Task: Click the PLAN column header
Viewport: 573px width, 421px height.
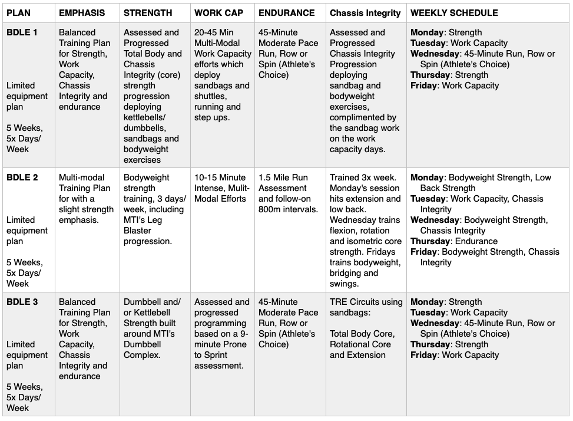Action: (18, 12)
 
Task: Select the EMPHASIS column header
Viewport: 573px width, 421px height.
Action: (82, 12)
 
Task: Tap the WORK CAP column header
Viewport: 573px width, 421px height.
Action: (218, 12)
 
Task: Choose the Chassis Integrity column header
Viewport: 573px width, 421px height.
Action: (365, 12)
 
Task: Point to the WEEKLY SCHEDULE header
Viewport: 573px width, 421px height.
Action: (454, 12)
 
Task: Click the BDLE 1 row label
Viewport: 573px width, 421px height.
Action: (22, 32)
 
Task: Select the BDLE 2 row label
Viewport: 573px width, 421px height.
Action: (22, 177)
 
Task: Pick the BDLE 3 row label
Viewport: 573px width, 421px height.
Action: (22, 302)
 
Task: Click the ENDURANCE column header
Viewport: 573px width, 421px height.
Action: (287, 12)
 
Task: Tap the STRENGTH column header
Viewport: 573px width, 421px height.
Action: (148, 12)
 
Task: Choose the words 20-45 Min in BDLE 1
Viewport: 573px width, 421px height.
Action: (215, 32)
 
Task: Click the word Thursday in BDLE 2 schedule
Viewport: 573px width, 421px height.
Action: (431, 241)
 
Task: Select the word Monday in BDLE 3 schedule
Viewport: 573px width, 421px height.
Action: (427, 302)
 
